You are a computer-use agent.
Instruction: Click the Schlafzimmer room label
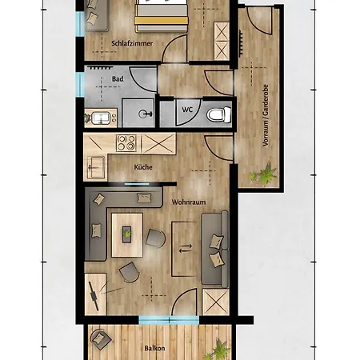132,43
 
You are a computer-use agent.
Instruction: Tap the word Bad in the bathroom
118,79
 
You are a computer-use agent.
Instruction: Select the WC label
187,110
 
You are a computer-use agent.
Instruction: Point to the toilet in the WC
219,115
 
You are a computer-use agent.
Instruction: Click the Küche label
143,167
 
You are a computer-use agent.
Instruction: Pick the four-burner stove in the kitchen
126,143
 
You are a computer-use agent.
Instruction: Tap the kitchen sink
95,167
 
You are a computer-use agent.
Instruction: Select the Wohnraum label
189,202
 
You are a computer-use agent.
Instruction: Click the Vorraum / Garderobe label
266,115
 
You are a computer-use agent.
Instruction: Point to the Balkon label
154,348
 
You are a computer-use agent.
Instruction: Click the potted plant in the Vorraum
264,174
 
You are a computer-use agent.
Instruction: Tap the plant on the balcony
218,350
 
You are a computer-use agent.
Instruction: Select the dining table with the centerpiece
127,234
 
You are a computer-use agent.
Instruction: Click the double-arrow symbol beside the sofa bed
186,249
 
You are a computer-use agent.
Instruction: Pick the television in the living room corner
94,295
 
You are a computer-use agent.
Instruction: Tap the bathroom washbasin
101,118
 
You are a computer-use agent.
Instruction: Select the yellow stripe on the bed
161,21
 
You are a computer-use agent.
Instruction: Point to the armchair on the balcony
101,338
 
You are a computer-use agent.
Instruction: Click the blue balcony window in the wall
169,320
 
